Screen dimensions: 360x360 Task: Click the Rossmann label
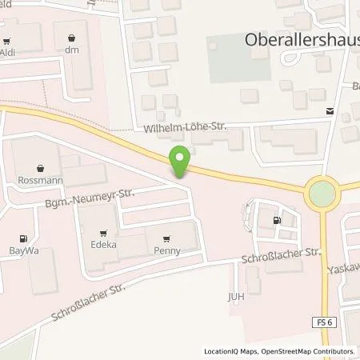32,181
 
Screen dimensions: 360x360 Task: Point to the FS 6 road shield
322,321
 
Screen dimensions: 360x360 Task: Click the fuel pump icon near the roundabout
277,221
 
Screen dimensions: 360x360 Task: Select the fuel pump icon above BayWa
22,238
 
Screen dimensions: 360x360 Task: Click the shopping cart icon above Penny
166,238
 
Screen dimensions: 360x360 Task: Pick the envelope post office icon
330,112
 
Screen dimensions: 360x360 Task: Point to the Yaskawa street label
345,270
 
